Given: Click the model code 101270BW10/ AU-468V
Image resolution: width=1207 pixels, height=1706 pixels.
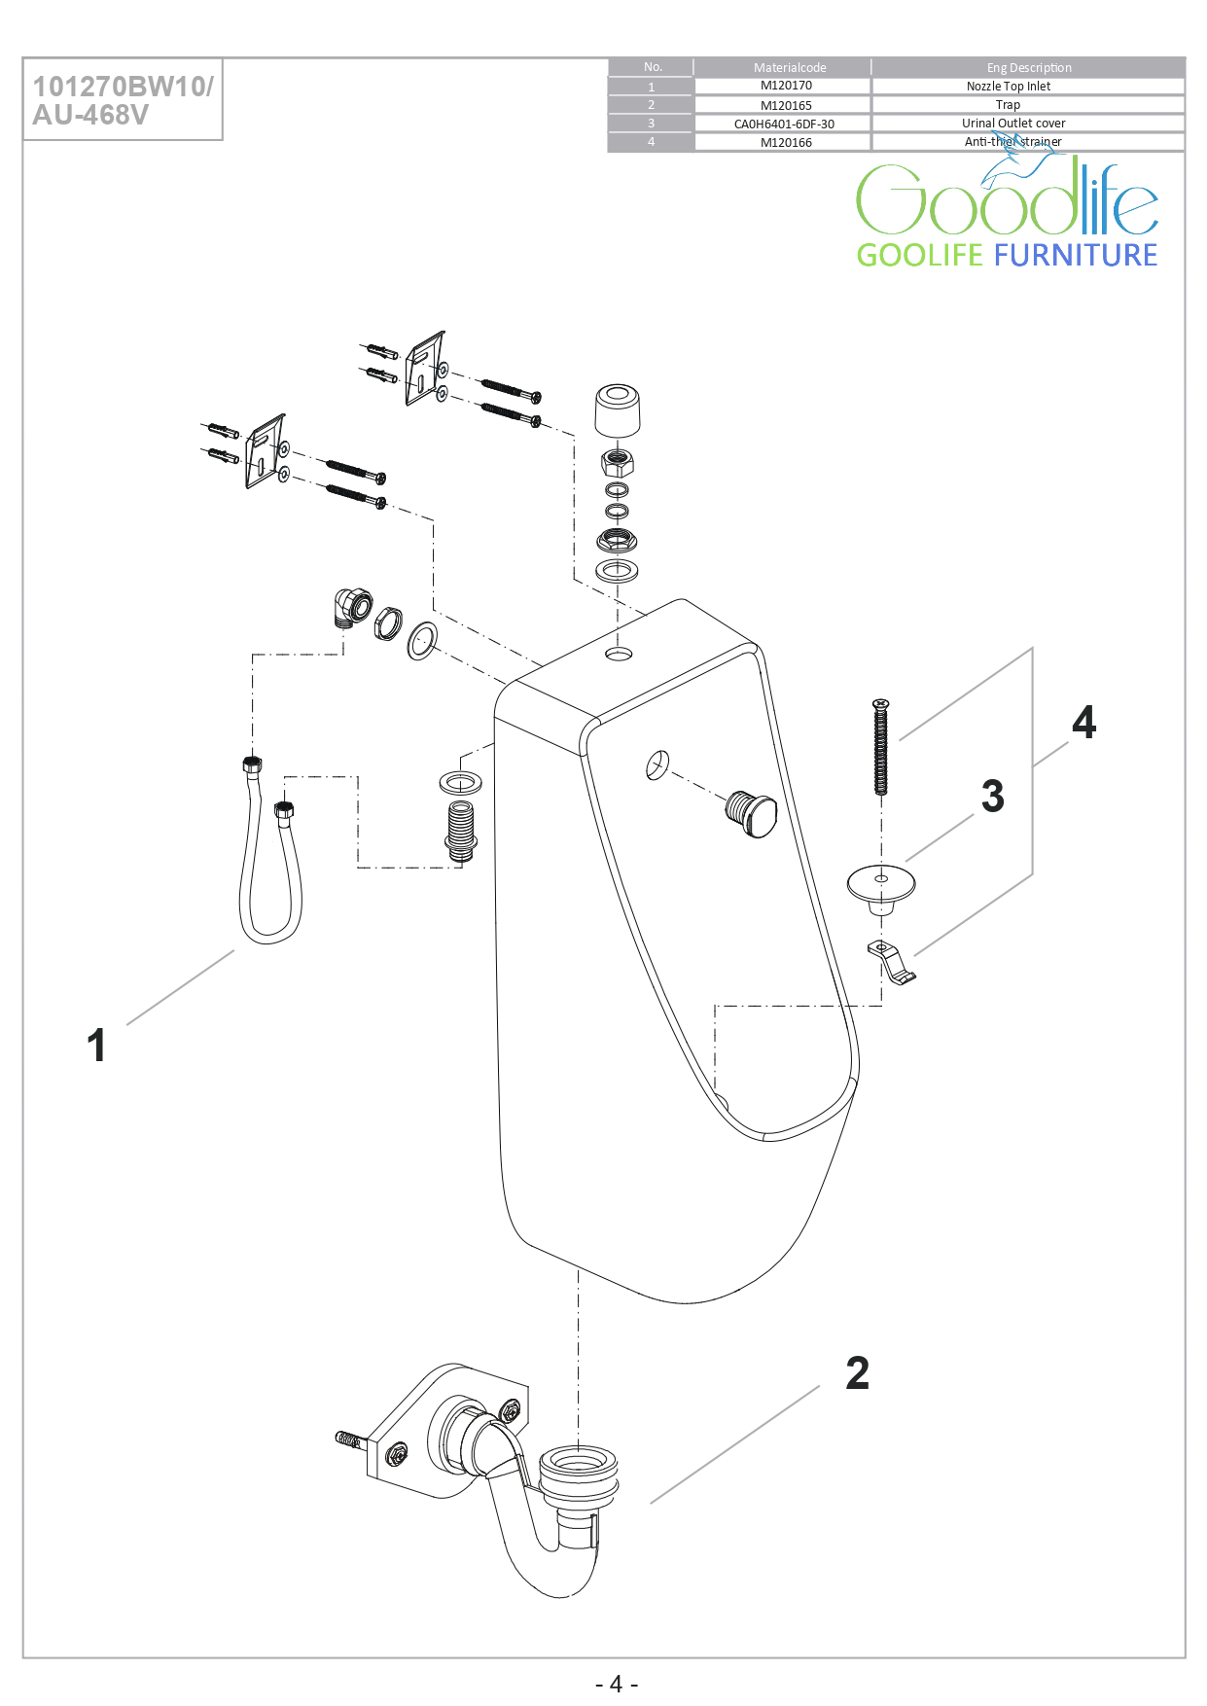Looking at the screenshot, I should coord(123,100).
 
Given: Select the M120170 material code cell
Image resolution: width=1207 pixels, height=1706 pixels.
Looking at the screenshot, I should coord(786,86).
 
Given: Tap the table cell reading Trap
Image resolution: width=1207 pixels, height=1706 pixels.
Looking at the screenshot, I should coord(1008,105).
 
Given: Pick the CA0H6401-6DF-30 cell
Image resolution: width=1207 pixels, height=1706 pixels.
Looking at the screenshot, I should coord(784,124).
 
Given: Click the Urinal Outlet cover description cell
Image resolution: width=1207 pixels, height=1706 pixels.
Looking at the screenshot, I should coord(1013,124).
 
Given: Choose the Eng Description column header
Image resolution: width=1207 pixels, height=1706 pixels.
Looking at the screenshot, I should coord(1028,67).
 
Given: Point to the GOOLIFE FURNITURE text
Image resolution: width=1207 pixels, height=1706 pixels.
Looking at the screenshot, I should coord(1007,255).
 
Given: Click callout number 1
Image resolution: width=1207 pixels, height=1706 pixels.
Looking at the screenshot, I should coord(96,1046).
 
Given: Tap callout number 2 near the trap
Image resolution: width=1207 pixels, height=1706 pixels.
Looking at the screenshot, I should coord(857,1373).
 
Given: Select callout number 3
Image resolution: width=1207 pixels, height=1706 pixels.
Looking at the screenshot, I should coord(992,796).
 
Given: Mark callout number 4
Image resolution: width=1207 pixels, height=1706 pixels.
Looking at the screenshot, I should coord(1083,723).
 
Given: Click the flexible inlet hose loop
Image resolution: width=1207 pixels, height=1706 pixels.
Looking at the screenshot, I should coord(269,875).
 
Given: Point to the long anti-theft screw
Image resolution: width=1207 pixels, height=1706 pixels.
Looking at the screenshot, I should coord(881,747).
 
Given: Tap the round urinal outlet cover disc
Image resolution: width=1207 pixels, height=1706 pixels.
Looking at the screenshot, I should coord(881,883).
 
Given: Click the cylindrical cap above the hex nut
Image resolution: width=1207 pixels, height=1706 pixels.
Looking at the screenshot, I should coord(618,410).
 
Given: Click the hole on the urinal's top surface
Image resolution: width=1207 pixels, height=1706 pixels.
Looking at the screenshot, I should coord(619,654).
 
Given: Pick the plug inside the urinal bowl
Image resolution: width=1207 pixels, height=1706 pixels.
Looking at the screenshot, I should coord(752,812).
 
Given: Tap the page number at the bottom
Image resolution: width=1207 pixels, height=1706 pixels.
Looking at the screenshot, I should coord(616,1684).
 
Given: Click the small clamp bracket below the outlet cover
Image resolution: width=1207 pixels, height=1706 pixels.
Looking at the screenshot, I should coord(891,960).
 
